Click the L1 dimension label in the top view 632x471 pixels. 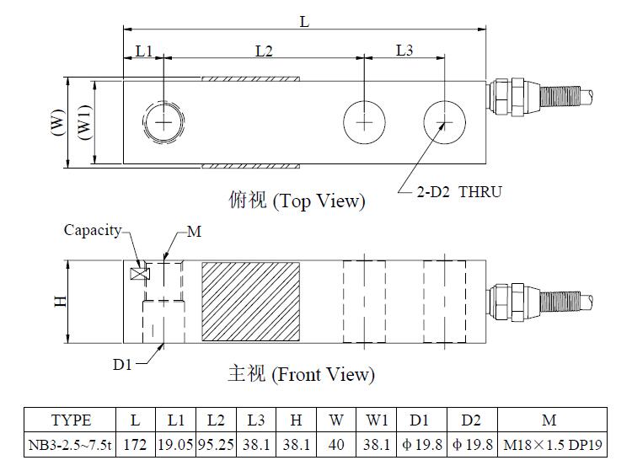click(x=144, y=51)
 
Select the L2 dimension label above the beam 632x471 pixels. click(x=264, y=51)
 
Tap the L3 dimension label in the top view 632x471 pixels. click(x=404, y=51)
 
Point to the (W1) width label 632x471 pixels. click(x=84, y=122)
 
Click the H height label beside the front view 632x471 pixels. click(x=61, y=301)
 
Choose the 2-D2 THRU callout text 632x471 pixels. click(x=459, y=192)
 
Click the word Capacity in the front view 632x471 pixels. click(x=93, y=231)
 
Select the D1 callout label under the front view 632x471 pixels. click(x=122, y=365)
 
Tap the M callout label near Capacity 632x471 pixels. click(x=195, y=232)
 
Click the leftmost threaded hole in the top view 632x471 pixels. click(x=163, y=122)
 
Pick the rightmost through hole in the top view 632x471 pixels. click(x=445, y=122)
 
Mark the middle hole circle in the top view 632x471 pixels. click(x=364, y=122)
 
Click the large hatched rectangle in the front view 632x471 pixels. click(x=251, y=302)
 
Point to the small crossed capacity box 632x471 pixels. click(x=140, y=274)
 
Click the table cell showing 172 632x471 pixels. click(x=136, y=445)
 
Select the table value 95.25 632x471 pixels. click(x=216, y=445)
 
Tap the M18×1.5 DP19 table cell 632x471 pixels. click(x=553, y=445)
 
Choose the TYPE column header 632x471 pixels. click(x=71, y=420)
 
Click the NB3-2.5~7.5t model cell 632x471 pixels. click(x=70, y=445)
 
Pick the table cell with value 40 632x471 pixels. click(x=336, y=445)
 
